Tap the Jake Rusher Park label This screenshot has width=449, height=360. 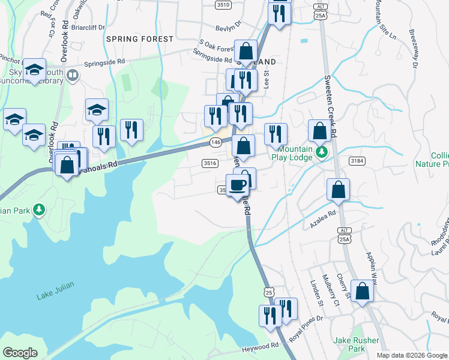(357, 344)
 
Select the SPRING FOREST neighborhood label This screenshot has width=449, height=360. (139, 39)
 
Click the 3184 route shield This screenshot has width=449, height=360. (357, 160)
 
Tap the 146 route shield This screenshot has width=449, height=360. (217, 142)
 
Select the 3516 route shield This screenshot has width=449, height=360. (210, 163)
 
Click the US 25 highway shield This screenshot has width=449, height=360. (268, 292)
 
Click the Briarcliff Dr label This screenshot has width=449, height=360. (88, 27)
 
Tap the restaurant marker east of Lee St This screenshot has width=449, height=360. (276, 134)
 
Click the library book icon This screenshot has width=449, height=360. (73, 75)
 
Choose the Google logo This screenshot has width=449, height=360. (20, 353)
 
